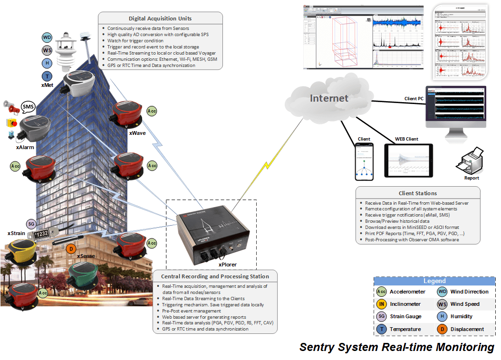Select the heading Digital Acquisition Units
160,19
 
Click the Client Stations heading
418,193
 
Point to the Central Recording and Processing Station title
215,276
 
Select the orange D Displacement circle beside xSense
70,248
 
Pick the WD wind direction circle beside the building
47,38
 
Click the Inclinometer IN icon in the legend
381,304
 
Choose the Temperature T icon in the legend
381,329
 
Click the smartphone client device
364,162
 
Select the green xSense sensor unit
84,276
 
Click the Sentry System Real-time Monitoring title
397,347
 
